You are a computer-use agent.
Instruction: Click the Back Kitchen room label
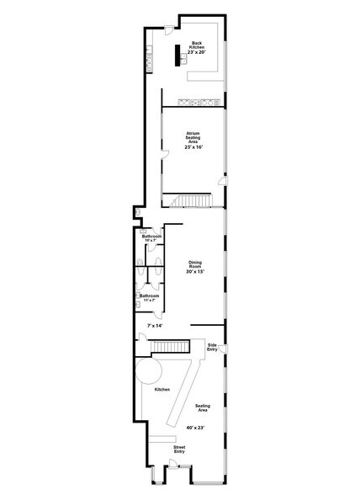point(197,44)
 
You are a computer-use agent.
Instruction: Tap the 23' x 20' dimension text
point(197,52)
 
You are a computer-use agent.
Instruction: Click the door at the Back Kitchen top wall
point(169,31)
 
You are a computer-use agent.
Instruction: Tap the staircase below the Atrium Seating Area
point(192,200)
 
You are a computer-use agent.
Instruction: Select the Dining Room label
point(195,264)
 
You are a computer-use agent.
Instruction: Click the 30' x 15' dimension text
point(195,272)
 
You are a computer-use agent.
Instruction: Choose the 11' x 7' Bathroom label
point(150,297)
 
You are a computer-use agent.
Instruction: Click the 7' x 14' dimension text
point(154,325)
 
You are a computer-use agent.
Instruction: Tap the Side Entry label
point(214,346)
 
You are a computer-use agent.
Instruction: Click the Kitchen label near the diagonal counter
point(161,390)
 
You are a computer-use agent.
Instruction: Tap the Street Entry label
point(179,450)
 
